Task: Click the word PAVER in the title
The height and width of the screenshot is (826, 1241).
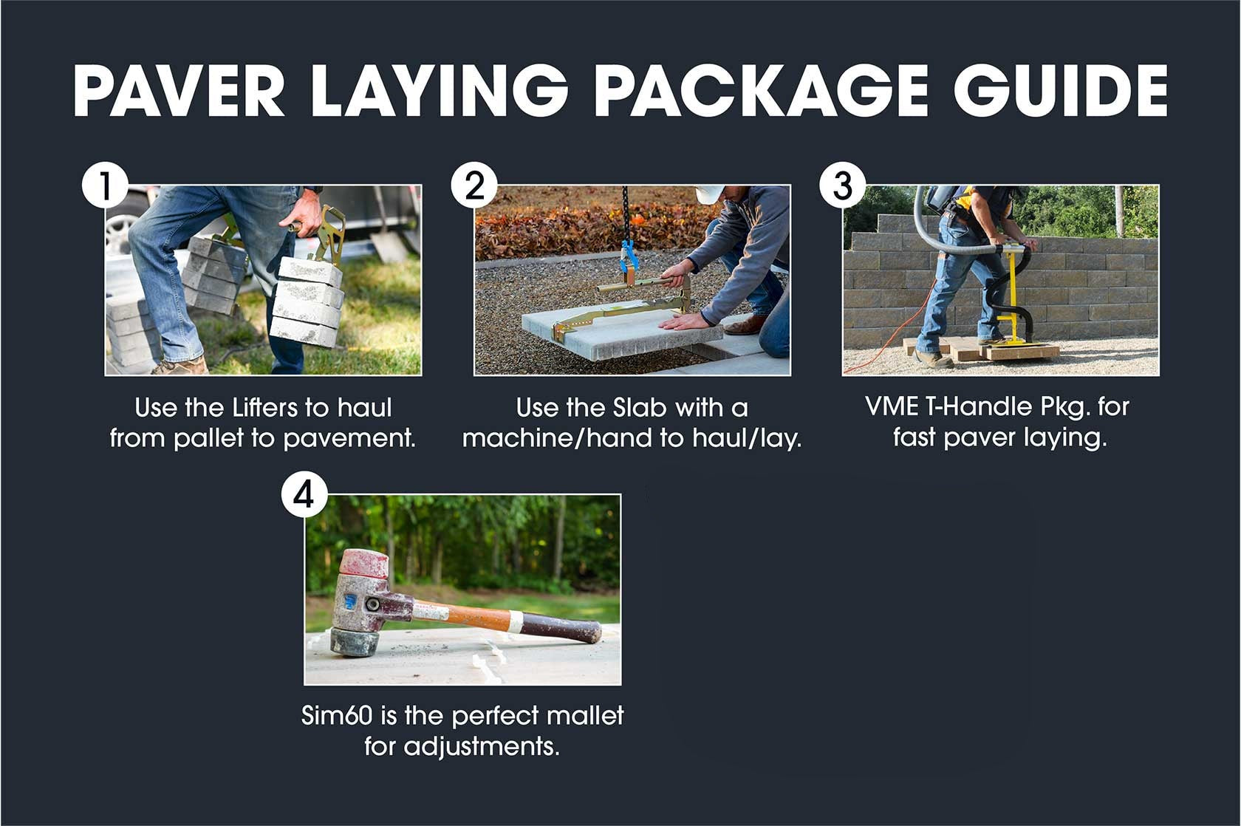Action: pyautogui.click(x=179, y=90)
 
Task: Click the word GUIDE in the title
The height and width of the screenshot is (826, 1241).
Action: pyautogui.click(x=1061, y=90)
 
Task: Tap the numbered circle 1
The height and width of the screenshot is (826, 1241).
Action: pyautogui.click(x=105, y=185)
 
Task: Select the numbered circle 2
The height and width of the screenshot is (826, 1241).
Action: pyautogui.click(x=474, y=185)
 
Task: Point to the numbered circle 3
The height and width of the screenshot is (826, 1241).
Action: pyautogui.click(x=843, y=185)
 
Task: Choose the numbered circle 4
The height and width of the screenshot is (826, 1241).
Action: pyautogui.click(x=304, y=495)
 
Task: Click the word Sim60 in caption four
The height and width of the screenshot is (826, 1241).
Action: pyautogui.click(x=337, y=715)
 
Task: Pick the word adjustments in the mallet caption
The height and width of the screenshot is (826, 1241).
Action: pyautogui.click(x=480, y=746)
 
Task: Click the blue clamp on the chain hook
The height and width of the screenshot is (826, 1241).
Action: pyautogui.click(x=629, y=258)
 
